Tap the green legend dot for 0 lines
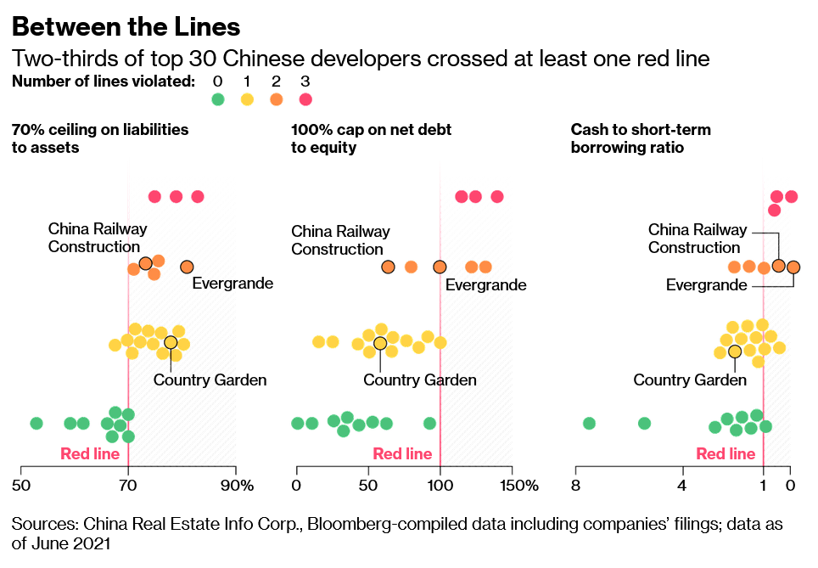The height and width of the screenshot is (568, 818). [218, 99]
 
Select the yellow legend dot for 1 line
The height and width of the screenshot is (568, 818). [248, 99]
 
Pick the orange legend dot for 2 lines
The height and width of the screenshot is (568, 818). [277, 99]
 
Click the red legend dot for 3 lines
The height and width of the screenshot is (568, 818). [305, 99]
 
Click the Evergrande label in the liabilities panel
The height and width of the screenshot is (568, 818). [233, 284]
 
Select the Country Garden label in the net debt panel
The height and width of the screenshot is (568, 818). [420, 380]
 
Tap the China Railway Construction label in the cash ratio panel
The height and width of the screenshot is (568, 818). [698, 239]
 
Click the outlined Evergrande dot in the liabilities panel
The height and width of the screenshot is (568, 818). [188, 267]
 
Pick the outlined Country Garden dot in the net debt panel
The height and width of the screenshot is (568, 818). [380, 344]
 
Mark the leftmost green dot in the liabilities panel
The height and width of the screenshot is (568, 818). [36, 423]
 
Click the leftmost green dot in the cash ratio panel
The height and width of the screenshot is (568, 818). [589, 423]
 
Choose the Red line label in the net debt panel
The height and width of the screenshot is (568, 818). [402, 454]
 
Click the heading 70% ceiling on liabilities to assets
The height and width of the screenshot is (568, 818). [100, 138]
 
